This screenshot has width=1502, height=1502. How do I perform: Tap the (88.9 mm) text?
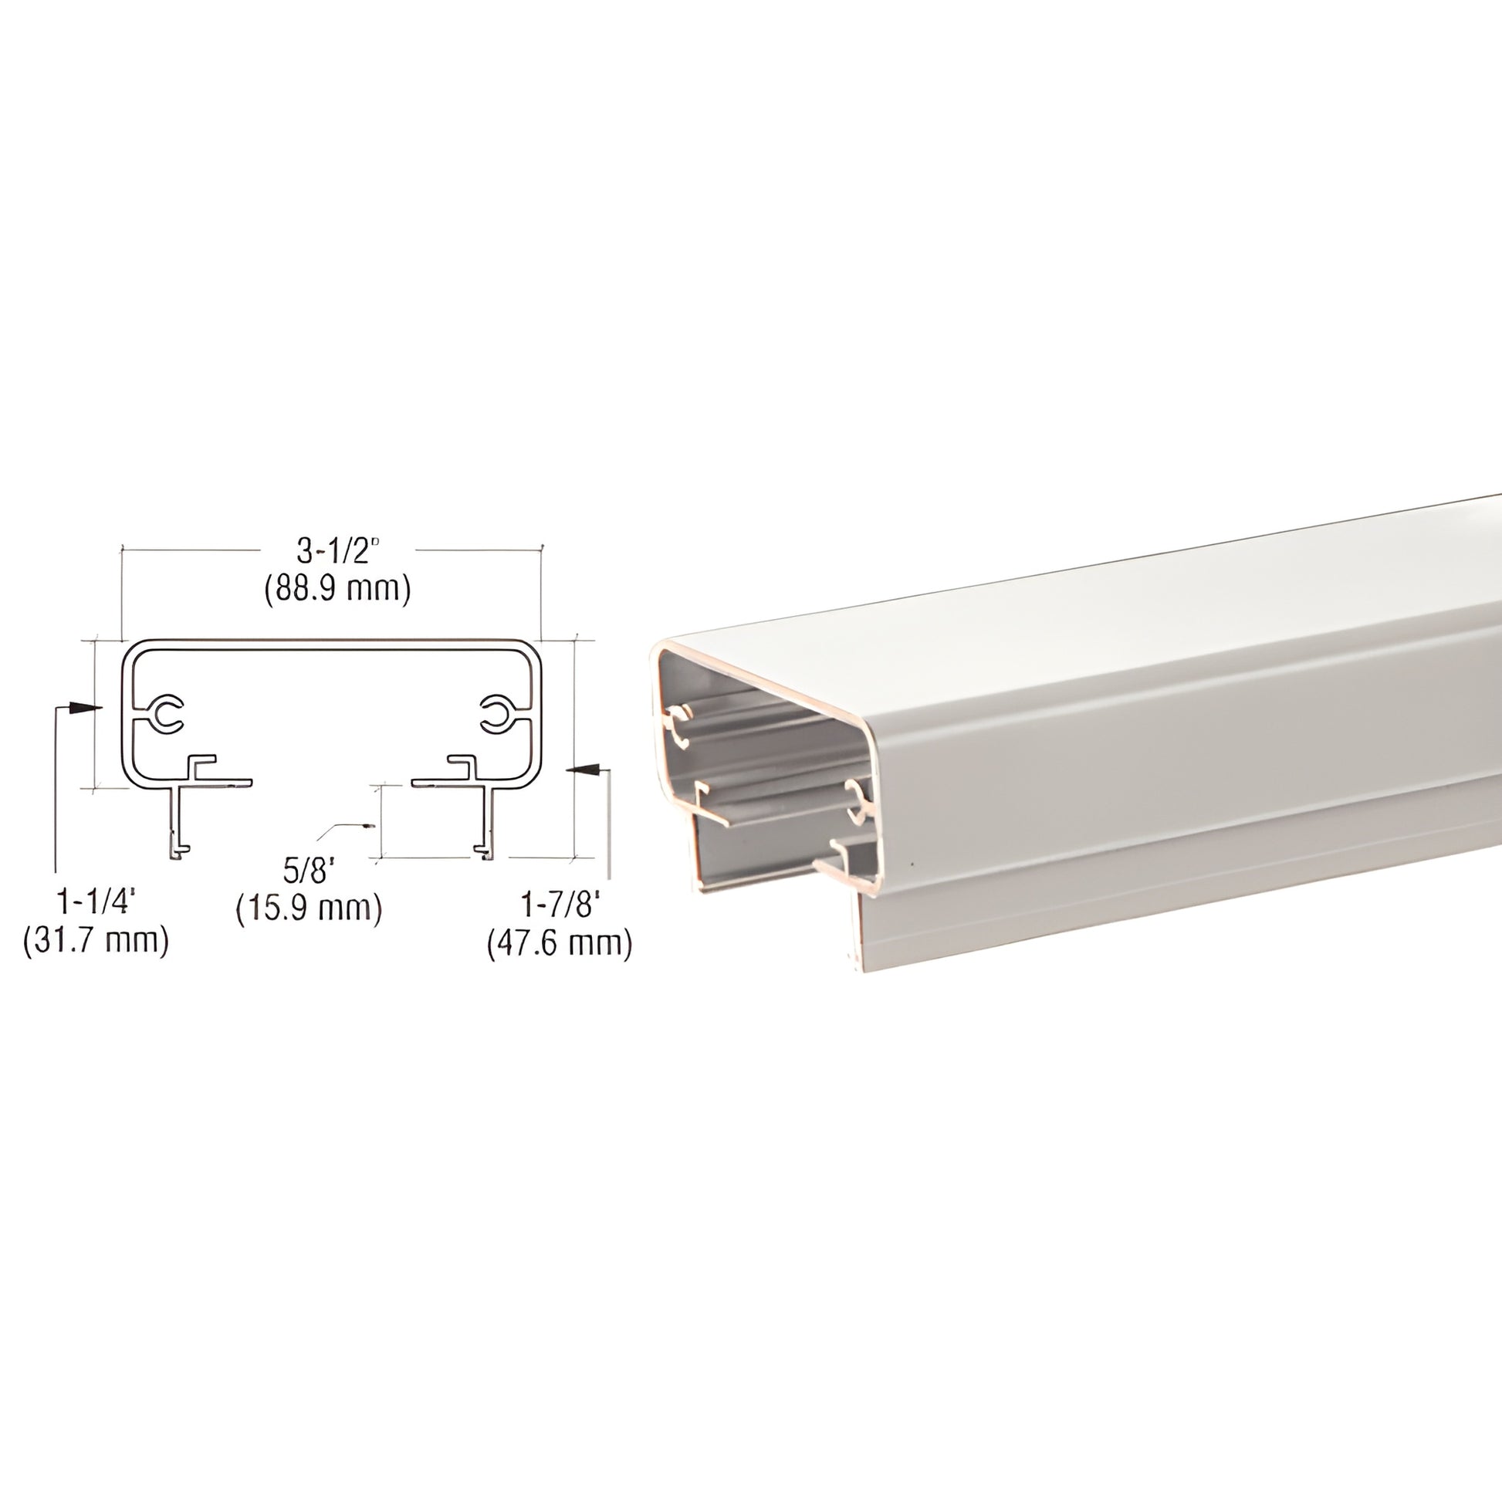pyautogui.click(x=337, y=588)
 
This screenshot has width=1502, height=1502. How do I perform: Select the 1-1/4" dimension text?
pyautogui.click(x=96, y=903)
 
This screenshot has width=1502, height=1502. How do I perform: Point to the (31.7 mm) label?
pyautogui.click(x=96, y=942)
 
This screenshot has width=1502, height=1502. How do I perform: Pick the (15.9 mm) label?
pyautogui.click(x=310, y=908)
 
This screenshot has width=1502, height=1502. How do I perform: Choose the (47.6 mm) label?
pyautogui.click(x=560, y=944)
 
